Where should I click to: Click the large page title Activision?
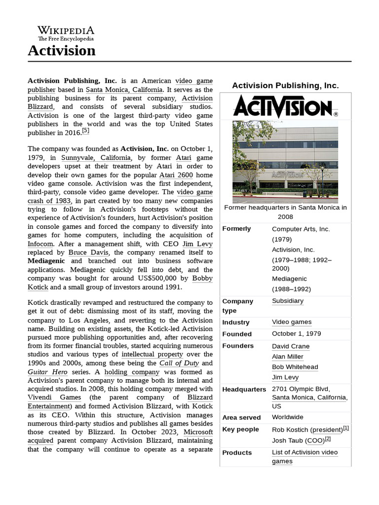(x=62, y=50)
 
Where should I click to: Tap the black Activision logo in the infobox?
(x=285, y=107)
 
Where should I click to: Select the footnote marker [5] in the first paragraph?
(x=85, y=131)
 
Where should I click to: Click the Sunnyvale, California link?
(x=96, y=158)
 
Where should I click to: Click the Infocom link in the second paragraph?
(x=40, y=244)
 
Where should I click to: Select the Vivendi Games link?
(x=54, y=397)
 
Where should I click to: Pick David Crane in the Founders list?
(x=291, y=346)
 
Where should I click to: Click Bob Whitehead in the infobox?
(x=295, y=367)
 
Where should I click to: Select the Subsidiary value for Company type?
(x=287, y=301)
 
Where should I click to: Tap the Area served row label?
(x=241, y=417)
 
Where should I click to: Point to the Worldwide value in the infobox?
(x=287, y=417)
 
